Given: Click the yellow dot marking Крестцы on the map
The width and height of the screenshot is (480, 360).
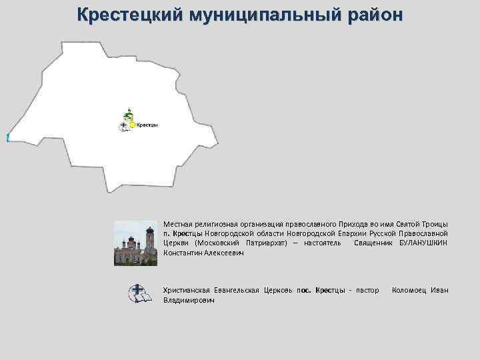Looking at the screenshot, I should point(132,125).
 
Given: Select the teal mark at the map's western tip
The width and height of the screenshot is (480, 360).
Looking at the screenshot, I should point(7,137).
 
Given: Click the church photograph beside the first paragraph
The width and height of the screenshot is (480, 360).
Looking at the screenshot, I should point(135,243).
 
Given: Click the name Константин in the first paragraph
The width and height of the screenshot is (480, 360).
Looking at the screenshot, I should point(185,253).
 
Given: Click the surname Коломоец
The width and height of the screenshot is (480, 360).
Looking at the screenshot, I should point(409,290).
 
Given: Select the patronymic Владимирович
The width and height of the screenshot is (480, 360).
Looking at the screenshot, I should point(189,301).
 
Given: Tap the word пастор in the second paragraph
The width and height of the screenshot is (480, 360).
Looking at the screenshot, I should point(367,290).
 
